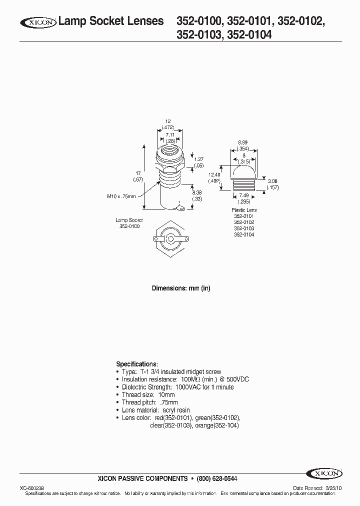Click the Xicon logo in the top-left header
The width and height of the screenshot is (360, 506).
click(x=38, y=22)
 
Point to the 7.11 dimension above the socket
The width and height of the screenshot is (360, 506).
click(x=169, y=135)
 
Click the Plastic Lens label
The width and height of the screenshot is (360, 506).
click(x=243, y=210)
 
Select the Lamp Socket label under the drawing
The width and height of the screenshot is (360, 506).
click(x=129, y=220)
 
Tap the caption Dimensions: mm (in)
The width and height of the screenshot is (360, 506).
click(x=180, y=288)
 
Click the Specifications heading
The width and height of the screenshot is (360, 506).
click(x=137, y=364)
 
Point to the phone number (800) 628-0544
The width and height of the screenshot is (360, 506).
click(x=216, y=478)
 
